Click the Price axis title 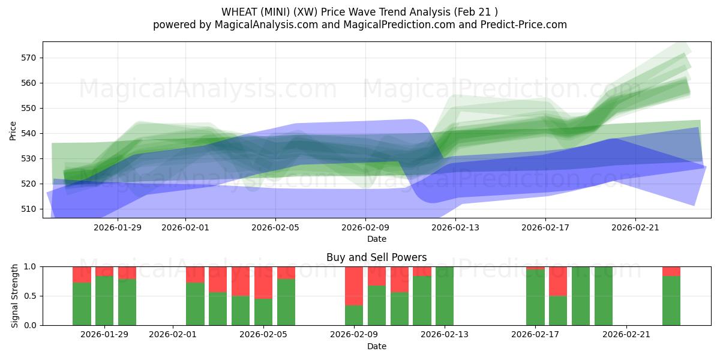(13, 130)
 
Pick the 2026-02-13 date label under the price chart (455, 227)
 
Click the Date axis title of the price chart (376, 239)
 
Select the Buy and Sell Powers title (376, 257)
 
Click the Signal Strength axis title (15, 296)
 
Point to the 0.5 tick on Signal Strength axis (30, 296)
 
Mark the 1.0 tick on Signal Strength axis (30, 266)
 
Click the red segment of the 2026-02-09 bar (354, 286)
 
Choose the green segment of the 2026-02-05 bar (263, 312)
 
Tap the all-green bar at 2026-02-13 (445, 296)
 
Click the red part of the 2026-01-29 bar (104, 271)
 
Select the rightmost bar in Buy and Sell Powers (671, 300)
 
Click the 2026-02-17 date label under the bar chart (535, 335)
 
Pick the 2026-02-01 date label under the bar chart (173, 335)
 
